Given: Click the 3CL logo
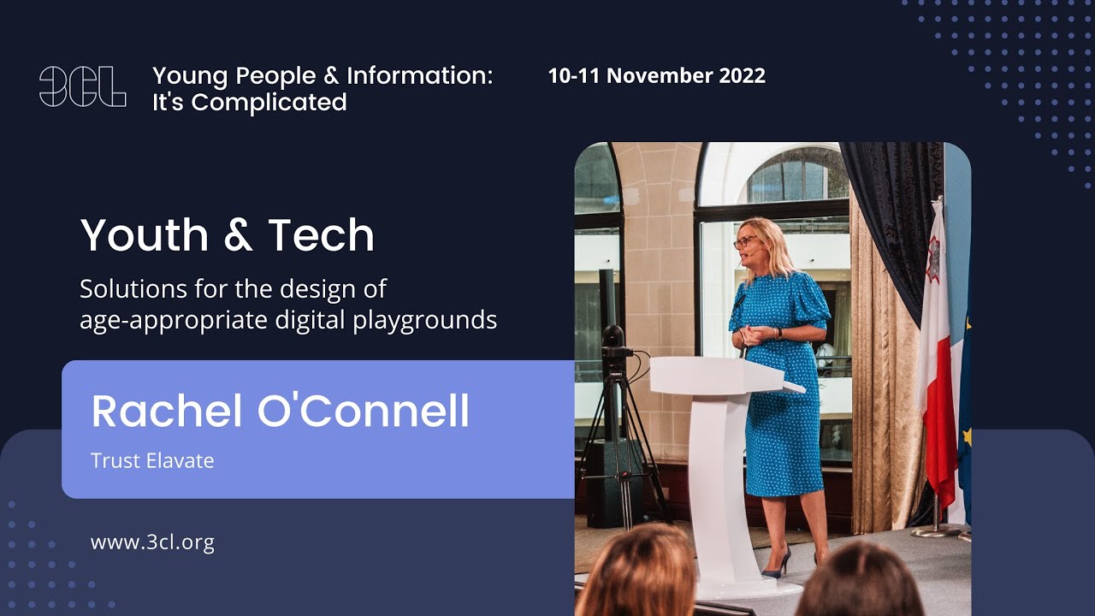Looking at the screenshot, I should point(82,87).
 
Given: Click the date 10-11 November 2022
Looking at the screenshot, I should point(656,75).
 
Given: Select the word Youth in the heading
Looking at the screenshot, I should point(144,235).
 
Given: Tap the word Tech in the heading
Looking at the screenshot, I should point(321,235).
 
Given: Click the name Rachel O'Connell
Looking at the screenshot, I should point(280,411).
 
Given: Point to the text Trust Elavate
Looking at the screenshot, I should point(152,460).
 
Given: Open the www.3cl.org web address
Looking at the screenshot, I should point(152,542).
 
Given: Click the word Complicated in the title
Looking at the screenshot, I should point(269,103).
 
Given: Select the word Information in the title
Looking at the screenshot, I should point(419,75).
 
